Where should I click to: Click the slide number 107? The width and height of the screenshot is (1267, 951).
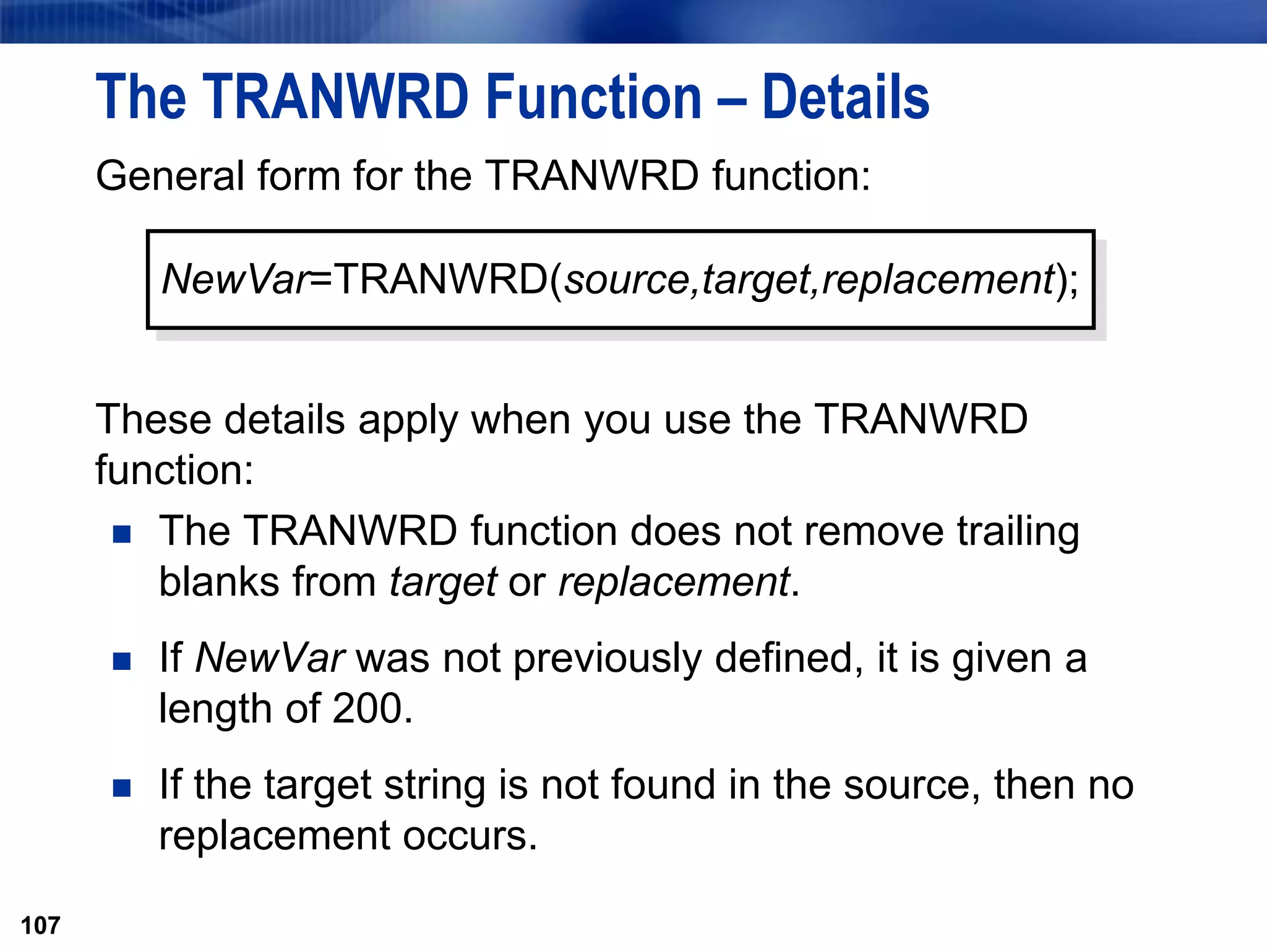coord(41,926)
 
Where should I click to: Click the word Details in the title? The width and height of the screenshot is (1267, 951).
coord(846,97)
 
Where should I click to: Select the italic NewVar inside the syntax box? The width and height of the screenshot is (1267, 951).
coord(235,279)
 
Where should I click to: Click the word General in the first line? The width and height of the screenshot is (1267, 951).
coord(170,176)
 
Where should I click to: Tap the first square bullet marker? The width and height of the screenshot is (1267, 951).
coord(122,534)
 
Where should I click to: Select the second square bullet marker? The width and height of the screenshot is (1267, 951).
coord(122,661)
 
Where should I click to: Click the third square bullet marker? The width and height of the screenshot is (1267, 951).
coord(122,788)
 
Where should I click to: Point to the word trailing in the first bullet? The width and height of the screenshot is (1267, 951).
coord(1018,532)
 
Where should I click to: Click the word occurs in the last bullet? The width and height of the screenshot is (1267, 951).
coord(470,836)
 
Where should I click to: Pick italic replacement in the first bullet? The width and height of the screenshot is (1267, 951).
coord(674,583)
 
